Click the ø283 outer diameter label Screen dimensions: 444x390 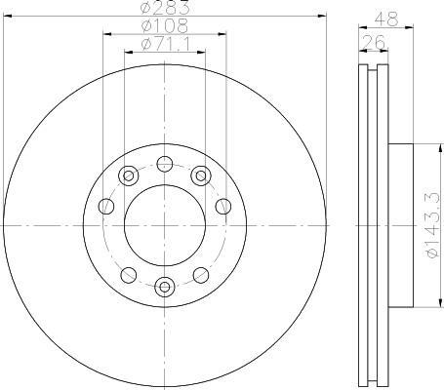click(165, 8)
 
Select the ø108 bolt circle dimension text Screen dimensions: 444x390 click(165, 26)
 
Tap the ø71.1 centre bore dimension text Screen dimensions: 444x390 click(166, 44)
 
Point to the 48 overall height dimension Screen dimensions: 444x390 click(386, 19)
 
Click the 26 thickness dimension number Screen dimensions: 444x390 click(374, 42)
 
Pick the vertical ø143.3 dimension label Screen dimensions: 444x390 click(434, 225)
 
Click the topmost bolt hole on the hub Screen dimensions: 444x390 click(165, 164)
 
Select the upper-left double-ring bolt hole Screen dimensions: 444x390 click(129, 175)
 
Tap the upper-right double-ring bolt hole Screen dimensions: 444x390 click(201, 175)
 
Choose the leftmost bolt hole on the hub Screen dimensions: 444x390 click(106, 207)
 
